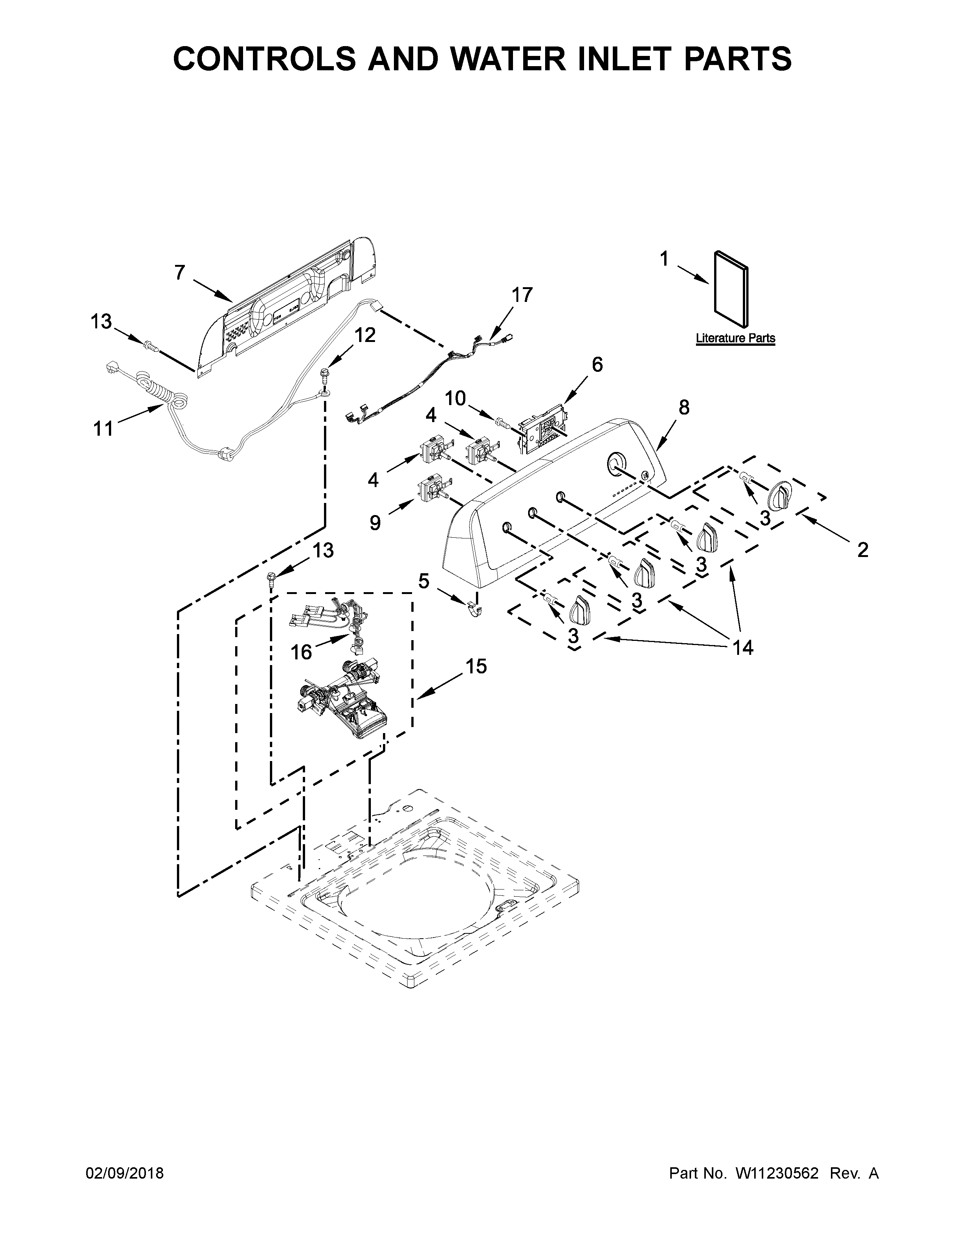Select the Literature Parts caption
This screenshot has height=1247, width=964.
[x=735, y=338]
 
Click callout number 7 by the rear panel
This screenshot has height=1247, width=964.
[x=180, y=273]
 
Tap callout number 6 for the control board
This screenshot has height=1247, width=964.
[x=597, y=364]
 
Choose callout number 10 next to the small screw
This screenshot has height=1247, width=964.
[x=456, y=398]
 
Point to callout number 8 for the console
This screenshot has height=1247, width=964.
[x=683, y=407]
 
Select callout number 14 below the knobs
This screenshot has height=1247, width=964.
[x=743, y=647]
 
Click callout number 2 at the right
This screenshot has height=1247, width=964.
[x=862, y=550]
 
